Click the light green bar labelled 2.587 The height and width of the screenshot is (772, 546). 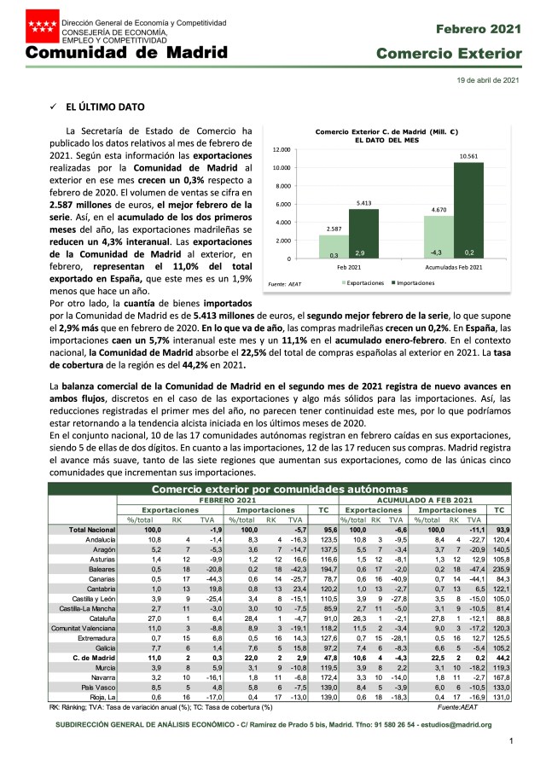[334, 247]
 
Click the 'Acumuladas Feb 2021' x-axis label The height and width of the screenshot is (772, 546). [453, 266]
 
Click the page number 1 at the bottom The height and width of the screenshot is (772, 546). [510, 741]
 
